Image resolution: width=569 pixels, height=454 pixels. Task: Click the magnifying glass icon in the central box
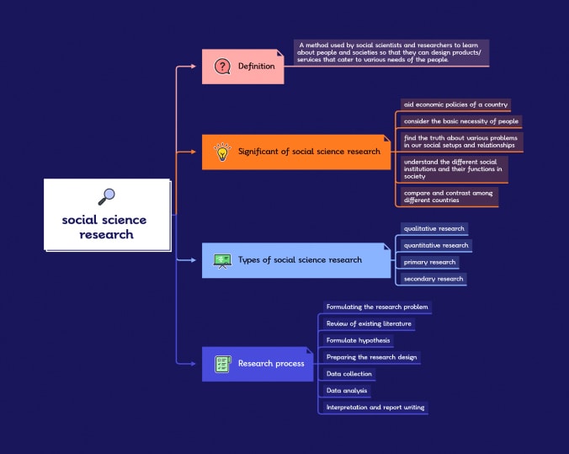106,196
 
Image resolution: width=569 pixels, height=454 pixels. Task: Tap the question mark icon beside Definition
222,67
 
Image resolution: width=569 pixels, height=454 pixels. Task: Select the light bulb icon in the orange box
222,152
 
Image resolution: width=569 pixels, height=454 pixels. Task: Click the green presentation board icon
222,261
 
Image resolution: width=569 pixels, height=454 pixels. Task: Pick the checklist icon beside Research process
223,364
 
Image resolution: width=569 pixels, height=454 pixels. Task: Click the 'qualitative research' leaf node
434,228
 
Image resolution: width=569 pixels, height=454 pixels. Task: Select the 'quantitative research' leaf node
436,245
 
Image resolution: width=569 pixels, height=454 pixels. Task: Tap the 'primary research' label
429,262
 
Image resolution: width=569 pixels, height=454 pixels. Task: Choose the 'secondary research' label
433,279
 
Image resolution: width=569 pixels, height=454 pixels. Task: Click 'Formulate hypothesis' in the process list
359,340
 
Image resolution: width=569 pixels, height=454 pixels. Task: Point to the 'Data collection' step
349,374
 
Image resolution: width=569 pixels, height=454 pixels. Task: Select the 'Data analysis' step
347,391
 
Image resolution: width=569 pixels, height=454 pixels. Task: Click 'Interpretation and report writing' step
375,407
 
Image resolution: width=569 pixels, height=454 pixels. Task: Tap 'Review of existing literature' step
369,323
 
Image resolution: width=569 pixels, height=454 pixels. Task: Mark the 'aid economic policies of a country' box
455,104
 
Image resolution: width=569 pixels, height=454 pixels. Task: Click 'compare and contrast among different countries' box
449,196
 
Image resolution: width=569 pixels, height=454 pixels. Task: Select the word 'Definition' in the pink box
256,66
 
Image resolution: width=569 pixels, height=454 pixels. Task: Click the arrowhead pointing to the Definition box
194,66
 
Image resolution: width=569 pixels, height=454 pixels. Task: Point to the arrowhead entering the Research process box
194,364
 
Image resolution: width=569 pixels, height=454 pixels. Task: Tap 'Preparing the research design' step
371,357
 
